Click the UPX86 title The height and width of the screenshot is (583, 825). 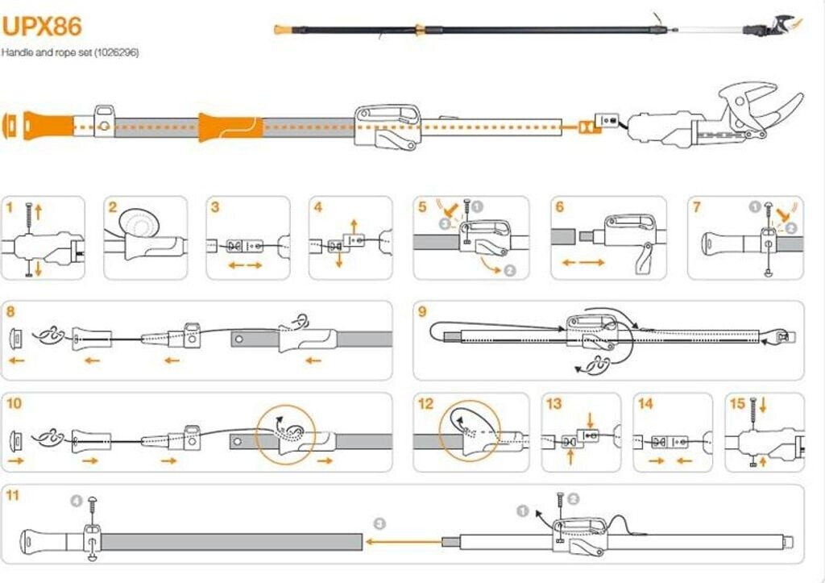[x=42, y=26]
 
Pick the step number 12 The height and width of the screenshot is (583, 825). [x=425, y=403]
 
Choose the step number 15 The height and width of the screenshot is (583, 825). [x=736, y=403]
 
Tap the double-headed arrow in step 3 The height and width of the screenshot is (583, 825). [x=245, y=264]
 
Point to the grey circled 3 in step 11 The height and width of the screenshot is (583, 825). [x=379, y=522]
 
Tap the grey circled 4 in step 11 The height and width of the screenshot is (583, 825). [x=77, y=502]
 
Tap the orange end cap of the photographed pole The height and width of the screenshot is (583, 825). [x=283, y=30]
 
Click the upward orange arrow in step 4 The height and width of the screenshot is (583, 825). [x=351, y=221]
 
